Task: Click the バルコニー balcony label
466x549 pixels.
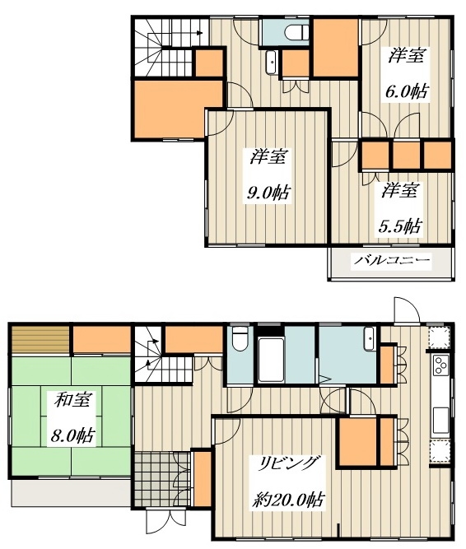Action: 391,260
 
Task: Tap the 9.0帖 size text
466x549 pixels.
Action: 268,192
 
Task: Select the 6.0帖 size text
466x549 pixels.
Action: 407,91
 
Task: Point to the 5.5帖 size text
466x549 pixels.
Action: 400,227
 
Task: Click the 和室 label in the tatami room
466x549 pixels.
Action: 72,400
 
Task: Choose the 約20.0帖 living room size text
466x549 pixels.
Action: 288,500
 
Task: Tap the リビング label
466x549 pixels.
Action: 288,464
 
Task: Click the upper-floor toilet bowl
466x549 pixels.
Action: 296,33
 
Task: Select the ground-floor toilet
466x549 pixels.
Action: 240,338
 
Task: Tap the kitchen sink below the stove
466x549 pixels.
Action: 440,420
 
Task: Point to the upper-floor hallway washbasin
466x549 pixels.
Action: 272,63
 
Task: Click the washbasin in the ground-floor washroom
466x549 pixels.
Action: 369,338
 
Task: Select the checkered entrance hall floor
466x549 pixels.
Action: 161,479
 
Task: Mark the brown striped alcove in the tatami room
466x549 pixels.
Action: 40,340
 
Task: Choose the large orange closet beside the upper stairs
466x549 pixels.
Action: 178,109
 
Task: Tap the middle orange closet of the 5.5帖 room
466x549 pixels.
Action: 406,155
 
